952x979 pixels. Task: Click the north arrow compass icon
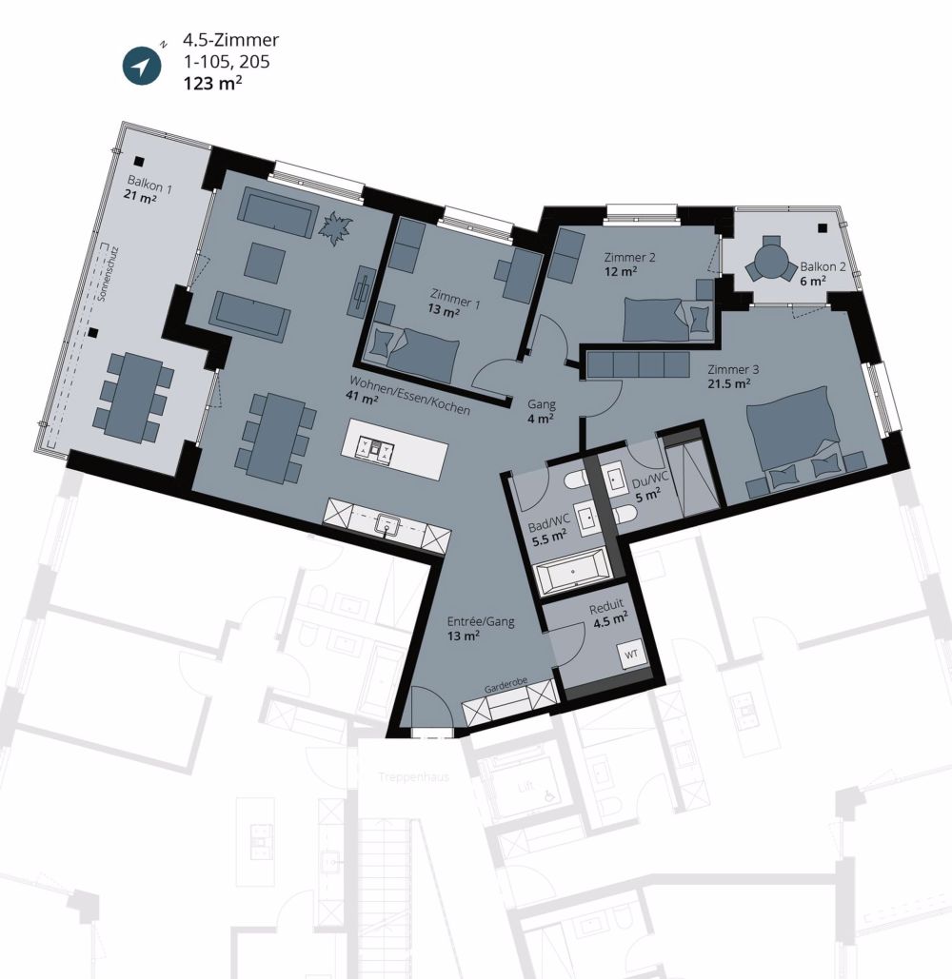[142, 66]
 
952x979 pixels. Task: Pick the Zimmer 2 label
[630, 257]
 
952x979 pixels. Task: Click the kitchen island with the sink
[398, 445]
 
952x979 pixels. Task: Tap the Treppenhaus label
[413, 775]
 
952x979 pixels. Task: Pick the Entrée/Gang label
[481, 622]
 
